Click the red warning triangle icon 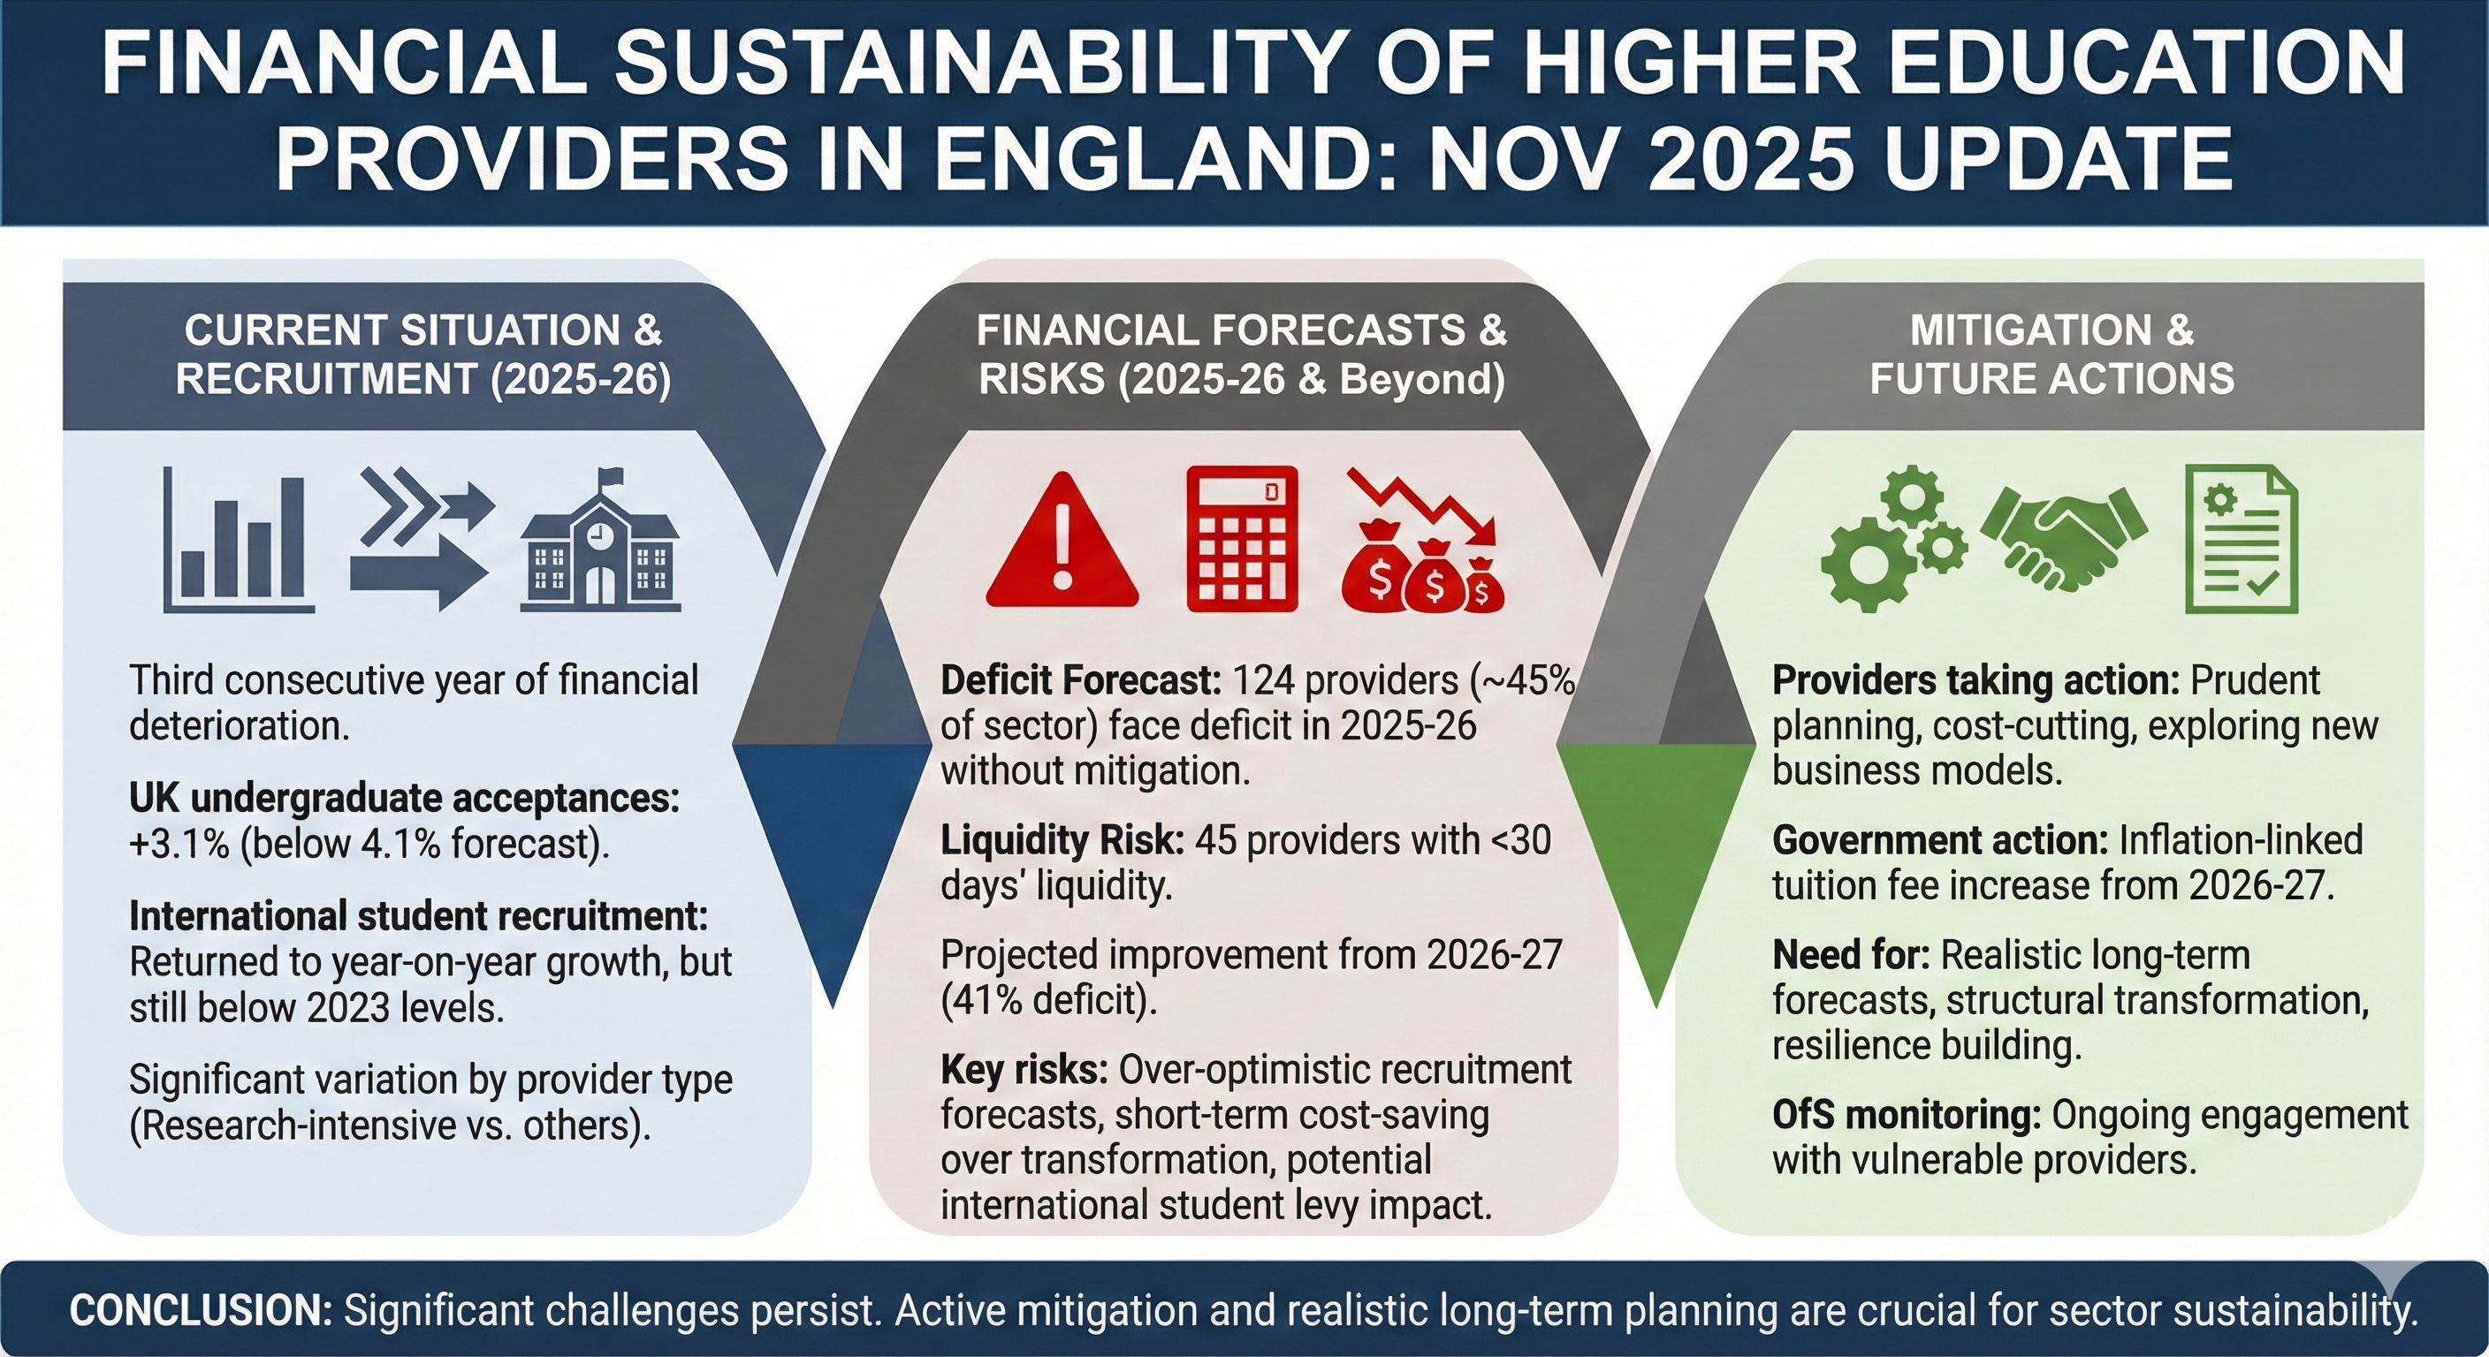1062,542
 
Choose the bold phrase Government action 1939,840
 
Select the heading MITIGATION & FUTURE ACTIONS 2051,354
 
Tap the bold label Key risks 1024,1069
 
